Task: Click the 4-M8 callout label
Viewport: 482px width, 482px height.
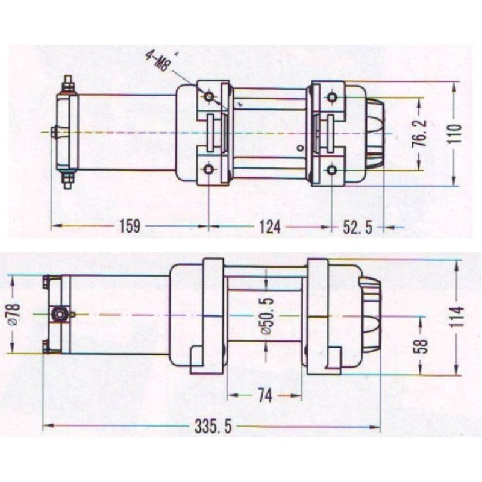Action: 157,61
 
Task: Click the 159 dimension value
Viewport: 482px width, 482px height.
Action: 130,227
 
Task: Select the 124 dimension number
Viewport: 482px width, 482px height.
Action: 270,227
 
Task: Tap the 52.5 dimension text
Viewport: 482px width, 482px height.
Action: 357,228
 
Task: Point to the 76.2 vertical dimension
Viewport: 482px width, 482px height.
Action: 419,133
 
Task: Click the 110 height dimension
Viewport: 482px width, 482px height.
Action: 454,134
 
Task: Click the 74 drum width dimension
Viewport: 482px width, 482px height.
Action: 265,396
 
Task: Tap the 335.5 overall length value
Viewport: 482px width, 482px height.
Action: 213,427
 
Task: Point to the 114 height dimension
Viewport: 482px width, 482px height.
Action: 457,317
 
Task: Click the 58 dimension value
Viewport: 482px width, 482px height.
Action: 423,346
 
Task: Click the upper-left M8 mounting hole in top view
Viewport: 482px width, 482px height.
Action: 209,97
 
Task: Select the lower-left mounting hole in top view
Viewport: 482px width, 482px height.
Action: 208,169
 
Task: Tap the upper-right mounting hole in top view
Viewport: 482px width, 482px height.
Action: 332,98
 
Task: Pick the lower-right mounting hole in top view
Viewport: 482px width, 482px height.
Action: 331,170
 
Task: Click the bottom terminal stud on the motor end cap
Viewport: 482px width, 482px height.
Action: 68,180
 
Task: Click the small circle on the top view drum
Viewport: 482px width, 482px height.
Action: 300,148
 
